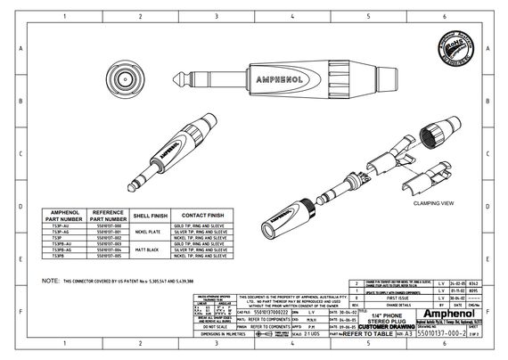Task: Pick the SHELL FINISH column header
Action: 149,215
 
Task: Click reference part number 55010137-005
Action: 106,257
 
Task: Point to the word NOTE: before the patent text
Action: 52,280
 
